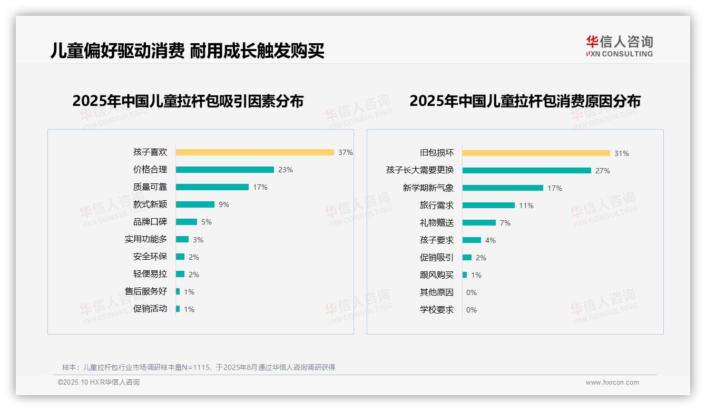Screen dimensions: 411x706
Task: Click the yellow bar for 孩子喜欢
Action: tap(254, 152)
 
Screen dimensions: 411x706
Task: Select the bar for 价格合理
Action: tap(224, 170)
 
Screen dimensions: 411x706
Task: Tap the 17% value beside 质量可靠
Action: tap(260, 187)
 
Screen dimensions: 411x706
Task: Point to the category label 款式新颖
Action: tap(150, 204)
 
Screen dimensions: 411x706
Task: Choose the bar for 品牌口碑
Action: tap(186, 222)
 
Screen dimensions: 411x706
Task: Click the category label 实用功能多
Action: tap(146, 239)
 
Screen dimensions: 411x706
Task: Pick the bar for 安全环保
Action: tap(180, 257)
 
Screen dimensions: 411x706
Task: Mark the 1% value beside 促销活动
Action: tap(189, 309)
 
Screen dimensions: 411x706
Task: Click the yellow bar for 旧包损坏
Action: tap(536, 153)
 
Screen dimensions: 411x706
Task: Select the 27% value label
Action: tap(603, 171)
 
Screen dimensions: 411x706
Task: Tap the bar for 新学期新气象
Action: tap(503, 188)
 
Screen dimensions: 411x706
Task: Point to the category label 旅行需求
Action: tap(437, 205)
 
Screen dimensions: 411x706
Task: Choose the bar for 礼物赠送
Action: tap(479, 223)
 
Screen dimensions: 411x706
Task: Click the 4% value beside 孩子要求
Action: tap(491, 240)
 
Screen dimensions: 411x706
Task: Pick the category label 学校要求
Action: tap(437, 310)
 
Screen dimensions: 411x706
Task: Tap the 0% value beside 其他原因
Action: tap(472, 292)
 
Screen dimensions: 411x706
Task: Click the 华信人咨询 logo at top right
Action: tap(619, 46)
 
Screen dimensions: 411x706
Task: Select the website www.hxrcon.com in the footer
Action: tap(612, 383)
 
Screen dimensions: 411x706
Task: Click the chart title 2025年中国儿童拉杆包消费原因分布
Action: tap(525, 101)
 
